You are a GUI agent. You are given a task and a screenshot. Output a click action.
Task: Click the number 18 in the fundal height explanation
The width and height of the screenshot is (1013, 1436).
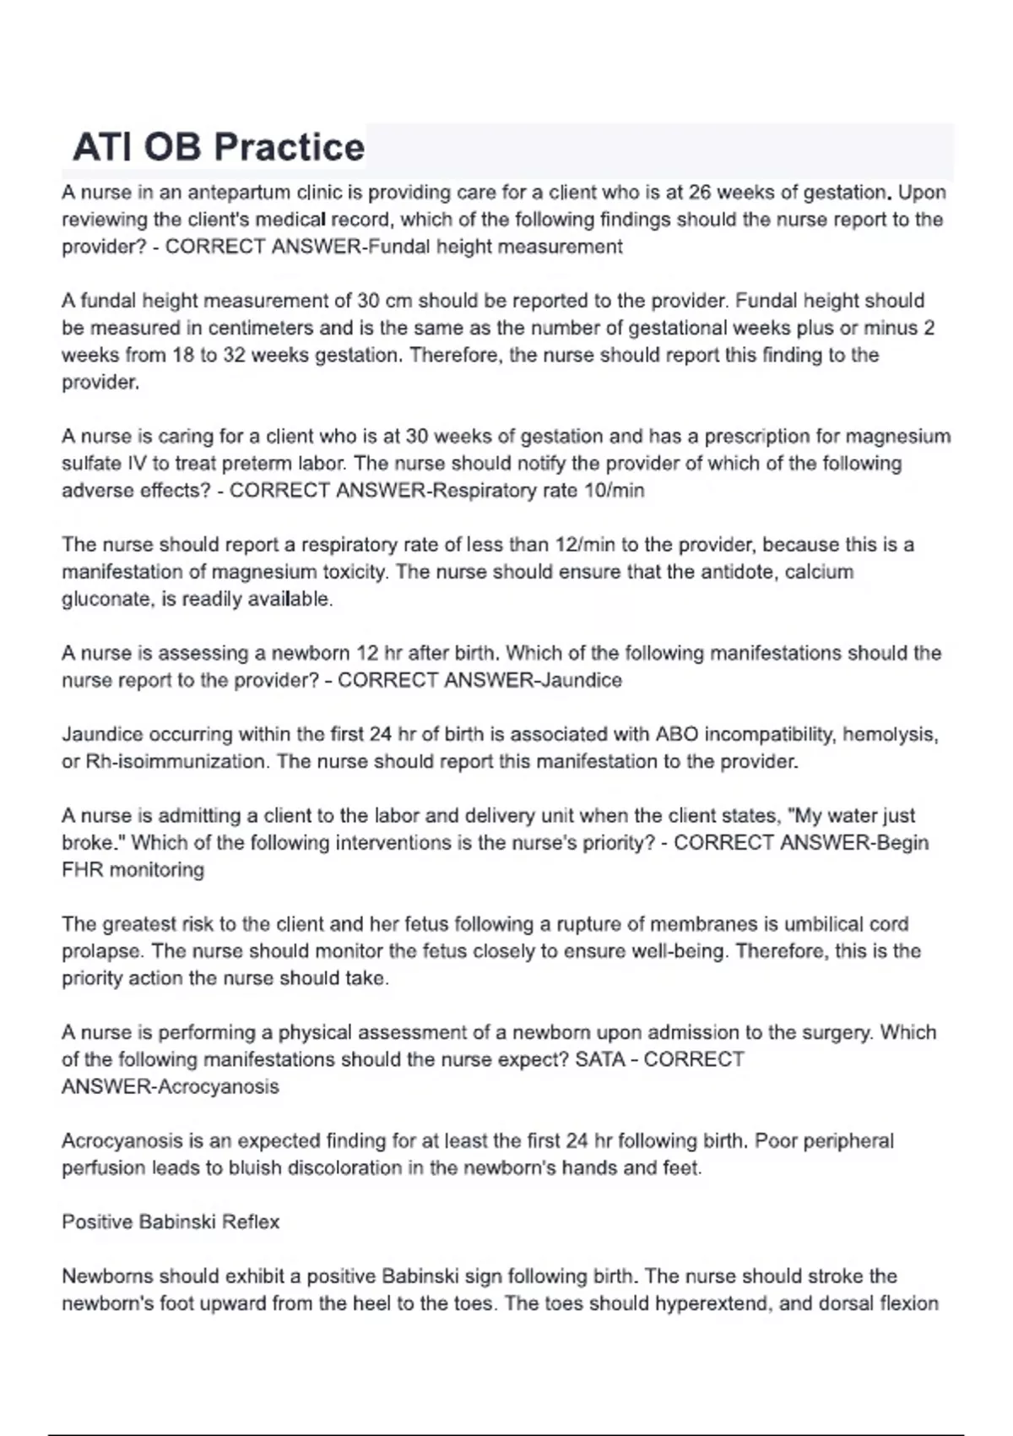coord(183,355)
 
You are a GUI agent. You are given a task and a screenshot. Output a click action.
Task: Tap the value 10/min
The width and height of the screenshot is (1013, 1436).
coord(614,491)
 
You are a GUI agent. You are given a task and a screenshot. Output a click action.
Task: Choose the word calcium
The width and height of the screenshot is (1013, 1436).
coord(819,572)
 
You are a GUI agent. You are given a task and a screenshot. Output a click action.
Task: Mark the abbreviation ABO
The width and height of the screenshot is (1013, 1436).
coord(676,734)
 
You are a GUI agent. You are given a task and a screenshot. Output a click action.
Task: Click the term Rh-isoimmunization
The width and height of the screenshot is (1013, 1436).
coord(177,761)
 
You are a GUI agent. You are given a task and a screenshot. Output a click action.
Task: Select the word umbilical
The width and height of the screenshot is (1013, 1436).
coord(828,924)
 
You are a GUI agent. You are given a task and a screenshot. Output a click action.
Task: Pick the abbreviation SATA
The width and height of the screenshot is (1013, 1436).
coord(600,1059)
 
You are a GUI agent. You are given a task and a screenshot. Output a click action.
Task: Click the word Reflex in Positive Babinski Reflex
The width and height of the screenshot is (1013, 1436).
coord(251,1221)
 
